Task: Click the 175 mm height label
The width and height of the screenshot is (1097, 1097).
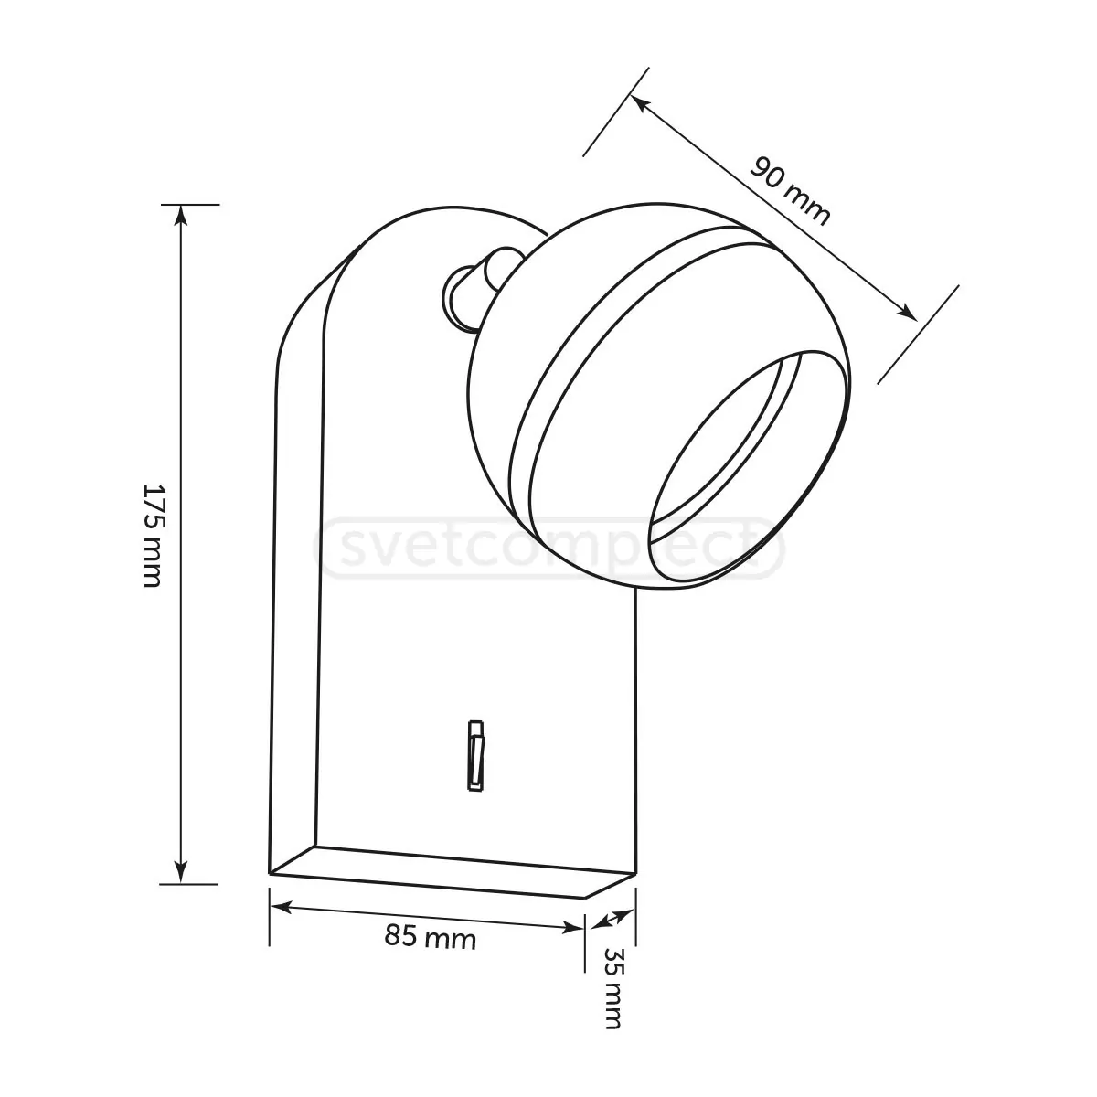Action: pyautogui.click(x=153, y=535)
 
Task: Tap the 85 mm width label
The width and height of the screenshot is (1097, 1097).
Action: pyautogui.click(x=430, y=936)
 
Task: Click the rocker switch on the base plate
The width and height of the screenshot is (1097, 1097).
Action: pyautogui.click(x=475, y=756)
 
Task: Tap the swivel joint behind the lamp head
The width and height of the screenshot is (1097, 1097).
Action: pyautogui.click(x=480, y=287)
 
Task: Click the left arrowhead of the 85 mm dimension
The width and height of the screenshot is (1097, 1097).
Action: pyautogui.click(x=280, y=908)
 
